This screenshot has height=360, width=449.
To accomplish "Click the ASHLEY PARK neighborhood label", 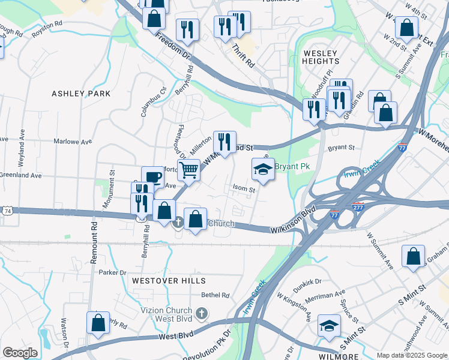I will pos(81,94).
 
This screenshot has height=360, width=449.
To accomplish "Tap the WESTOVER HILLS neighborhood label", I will pos(165,281).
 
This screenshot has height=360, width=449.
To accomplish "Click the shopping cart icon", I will pos(188,170).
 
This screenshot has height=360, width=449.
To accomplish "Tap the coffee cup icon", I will pos(152,177).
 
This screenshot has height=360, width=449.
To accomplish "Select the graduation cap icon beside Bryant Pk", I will pos(263,170).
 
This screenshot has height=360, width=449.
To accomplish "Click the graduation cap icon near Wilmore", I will pos(329,325).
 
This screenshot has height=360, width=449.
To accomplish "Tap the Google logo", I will pos(20,352).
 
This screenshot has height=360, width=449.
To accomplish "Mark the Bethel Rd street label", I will pos(215,295).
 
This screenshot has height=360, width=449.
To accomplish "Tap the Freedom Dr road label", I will pos(173,46).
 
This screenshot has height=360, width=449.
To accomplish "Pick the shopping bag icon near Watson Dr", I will pos(98,322).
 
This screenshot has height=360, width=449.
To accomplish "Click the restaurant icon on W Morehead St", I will pos(224,142).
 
